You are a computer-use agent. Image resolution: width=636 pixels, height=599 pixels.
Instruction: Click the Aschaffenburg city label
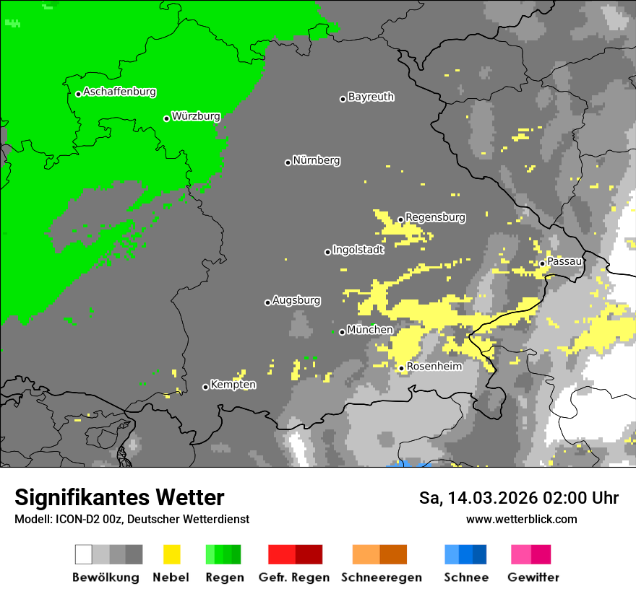click(x=119, y=92)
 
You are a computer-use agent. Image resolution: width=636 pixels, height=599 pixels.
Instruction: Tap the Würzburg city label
click(x=196, y=116)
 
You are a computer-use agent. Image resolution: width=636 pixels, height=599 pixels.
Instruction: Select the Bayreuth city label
click(x=371, y=97)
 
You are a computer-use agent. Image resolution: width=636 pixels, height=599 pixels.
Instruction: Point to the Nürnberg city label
click(x=317, y=160)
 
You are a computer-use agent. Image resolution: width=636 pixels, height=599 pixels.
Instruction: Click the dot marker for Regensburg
click(x=400, y=219)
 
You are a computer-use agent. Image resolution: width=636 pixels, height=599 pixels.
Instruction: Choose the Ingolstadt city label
click(x=358, y=250)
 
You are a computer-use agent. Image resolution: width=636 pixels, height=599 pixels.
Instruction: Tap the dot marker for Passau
click(x=542, y=263)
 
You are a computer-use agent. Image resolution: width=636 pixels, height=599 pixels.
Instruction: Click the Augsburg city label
click(x=296, y=300)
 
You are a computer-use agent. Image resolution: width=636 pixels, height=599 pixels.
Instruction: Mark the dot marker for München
click(x=342, y=332)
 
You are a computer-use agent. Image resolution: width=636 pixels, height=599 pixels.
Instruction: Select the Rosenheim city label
click(x=434, y=367)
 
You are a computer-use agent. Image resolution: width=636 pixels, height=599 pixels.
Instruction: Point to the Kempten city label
click(x=233, y=385)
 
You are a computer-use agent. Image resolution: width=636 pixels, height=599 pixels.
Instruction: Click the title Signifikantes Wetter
click(x=119, y=498)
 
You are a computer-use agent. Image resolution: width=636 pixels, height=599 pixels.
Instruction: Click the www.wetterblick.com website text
click(x=521, y=520)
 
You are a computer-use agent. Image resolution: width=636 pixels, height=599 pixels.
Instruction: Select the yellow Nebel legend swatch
click(x=171, y=554)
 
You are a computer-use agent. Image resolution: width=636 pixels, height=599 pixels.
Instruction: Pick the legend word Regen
click(x=224, y=577)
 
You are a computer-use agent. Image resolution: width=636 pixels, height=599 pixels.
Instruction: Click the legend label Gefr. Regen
click(x=294, y=577)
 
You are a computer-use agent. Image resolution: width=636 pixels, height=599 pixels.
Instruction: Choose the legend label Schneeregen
click(x=382, y=577)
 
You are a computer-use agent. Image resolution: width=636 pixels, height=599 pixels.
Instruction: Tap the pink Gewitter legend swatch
click(x=521, y=554)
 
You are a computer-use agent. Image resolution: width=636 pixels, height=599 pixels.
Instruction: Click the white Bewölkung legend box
click(x=84, y=554)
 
